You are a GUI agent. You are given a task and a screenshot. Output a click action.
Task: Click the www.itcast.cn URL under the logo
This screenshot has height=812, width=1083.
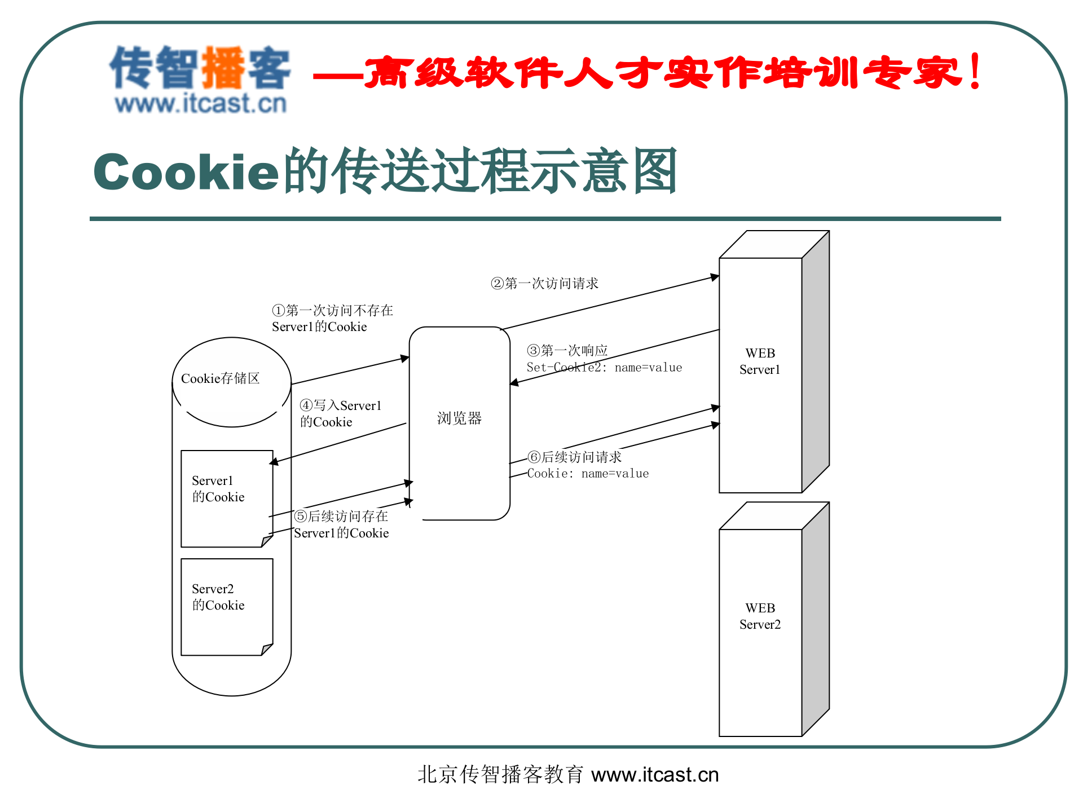[201, 104]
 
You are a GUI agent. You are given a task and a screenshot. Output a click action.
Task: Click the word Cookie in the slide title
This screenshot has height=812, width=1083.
[186, 172]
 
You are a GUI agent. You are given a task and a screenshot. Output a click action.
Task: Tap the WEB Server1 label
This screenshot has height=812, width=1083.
[760, 361]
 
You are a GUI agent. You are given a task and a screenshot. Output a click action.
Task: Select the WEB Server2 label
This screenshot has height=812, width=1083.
[760, 616]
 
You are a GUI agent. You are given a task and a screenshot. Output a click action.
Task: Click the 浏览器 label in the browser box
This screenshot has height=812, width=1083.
[459, 418]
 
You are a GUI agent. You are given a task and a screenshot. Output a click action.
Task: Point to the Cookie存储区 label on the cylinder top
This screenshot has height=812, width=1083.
[220, 378]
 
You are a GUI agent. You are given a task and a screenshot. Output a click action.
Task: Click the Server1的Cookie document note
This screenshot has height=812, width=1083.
[226, 496]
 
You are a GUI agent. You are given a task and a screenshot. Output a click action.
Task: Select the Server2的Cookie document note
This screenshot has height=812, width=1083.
[226, 604]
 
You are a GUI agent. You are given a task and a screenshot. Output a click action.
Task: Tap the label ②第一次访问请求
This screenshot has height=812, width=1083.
[544, 283]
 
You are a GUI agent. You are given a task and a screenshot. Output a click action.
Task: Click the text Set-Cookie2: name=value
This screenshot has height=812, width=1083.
[604, 368]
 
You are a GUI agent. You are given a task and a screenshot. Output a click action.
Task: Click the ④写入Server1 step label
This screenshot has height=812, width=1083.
[341, 405]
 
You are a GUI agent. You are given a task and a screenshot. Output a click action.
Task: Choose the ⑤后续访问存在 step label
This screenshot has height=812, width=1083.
[341, 516]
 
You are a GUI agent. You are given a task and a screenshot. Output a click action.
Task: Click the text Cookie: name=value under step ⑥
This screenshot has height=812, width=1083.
[588, 474]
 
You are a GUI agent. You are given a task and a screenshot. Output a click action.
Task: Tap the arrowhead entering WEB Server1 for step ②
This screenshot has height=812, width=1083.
[715, 277]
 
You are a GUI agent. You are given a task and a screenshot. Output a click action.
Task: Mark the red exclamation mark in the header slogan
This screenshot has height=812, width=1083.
[975, 72]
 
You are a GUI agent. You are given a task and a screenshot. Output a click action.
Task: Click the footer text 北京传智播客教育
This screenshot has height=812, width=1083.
[500, 775]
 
